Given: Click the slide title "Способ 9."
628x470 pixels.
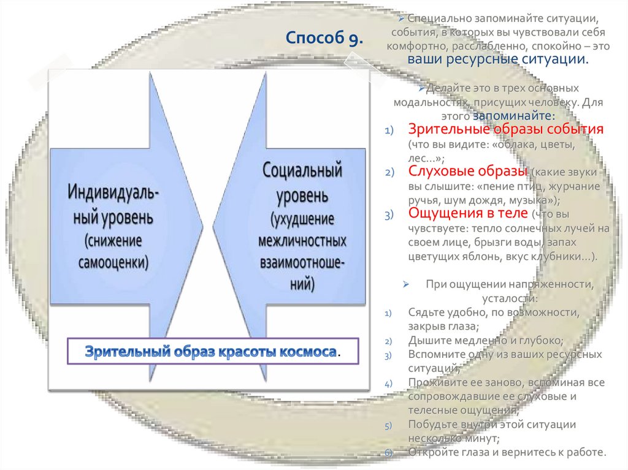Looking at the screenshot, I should tap(324, 40).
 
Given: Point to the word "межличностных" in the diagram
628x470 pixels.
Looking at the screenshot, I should tap(302, 239).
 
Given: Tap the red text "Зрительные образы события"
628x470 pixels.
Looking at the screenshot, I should tap(507, 130).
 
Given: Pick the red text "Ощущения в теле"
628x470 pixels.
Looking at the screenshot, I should tap(468, 213).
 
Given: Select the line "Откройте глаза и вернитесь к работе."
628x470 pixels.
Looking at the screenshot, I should tap(507, 453).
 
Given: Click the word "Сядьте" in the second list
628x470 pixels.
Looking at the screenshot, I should tap(423, 312).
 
